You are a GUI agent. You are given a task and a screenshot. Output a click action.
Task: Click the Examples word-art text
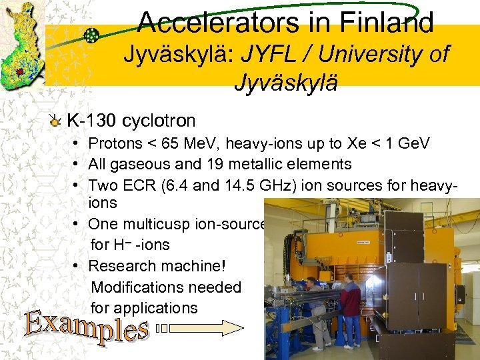coord(86,325)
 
